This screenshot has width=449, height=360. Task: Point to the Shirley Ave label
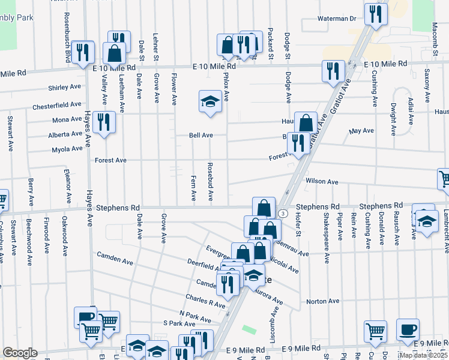tap(65, 88)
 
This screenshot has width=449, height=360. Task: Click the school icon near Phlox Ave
tap(210, 101)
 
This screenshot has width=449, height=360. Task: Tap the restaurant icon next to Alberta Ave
tap(104, 122)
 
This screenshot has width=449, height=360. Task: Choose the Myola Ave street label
tap(67, 149)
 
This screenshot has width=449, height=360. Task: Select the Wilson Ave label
tap(322, 181)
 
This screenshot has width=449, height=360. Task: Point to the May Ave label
tap(361, 131)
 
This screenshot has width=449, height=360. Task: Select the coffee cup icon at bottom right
tap(408, 329)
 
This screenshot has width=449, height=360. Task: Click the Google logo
tap(20, 353)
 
